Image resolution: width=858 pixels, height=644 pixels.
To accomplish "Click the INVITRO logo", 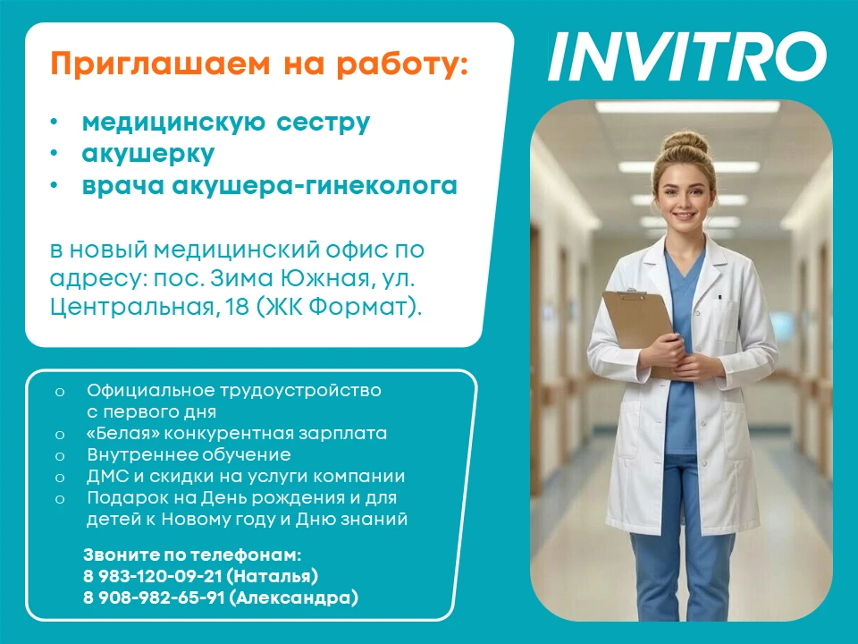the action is pos(686,56).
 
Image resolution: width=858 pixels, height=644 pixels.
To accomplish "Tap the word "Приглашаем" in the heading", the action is pos(160,64).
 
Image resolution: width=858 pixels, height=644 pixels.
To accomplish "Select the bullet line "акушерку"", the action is pos(147,155).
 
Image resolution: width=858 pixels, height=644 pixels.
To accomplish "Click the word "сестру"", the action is pos(323,123).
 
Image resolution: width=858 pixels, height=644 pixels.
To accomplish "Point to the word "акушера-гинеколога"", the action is pos(315,186).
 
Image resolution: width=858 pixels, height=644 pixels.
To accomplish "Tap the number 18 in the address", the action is pos(237,307).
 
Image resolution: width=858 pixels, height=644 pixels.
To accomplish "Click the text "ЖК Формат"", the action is pos(338,307).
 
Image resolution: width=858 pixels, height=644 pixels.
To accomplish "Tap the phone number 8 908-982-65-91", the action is pos(154,597).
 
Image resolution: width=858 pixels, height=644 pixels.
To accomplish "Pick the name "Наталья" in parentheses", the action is pos(272,576).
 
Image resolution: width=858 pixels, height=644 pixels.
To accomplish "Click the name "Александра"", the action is pos(294,597).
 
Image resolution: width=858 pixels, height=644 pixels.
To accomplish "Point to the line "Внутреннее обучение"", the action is pos(189,454).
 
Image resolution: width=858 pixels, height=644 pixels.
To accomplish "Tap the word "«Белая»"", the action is pos(123,433).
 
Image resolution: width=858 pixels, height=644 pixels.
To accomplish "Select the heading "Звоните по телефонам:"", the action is pos(192,555).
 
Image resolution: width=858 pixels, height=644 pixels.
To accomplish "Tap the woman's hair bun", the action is pos(686,142).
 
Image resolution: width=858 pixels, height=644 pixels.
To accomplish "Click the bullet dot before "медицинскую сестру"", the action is pos(54,122).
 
